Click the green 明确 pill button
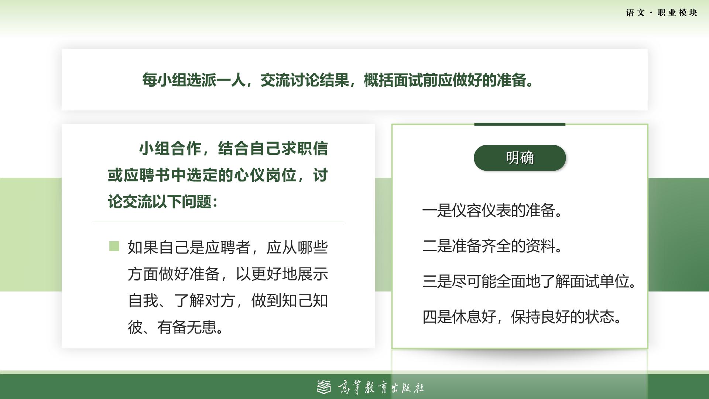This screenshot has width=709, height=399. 520,158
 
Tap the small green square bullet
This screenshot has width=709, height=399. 114,246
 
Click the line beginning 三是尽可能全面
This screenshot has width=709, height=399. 530,282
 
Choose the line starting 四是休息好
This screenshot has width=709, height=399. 523,317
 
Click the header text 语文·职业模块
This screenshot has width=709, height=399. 662,13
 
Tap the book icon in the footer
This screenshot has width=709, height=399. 324,387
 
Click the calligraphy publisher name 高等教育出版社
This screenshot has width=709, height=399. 381,387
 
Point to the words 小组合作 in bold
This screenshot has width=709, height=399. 170,149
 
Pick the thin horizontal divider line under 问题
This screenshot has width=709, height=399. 218,222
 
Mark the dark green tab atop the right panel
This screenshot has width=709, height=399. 520,124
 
